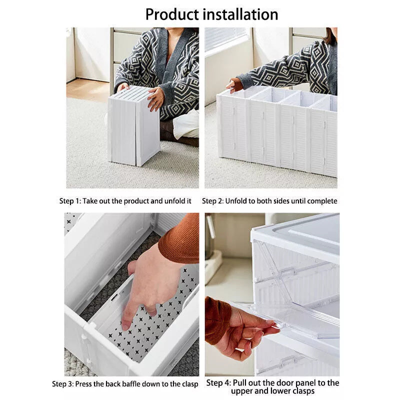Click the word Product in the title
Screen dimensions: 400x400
(x=173, y=14)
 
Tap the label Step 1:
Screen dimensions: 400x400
(x=70, y=201)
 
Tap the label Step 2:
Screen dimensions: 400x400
(x=212, y=201)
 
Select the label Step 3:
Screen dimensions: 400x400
(x=63, y=384)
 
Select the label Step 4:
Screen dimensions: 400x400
(x=218, y=383)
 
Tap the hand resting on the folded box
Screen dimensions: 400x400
(x=155, y=98)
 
